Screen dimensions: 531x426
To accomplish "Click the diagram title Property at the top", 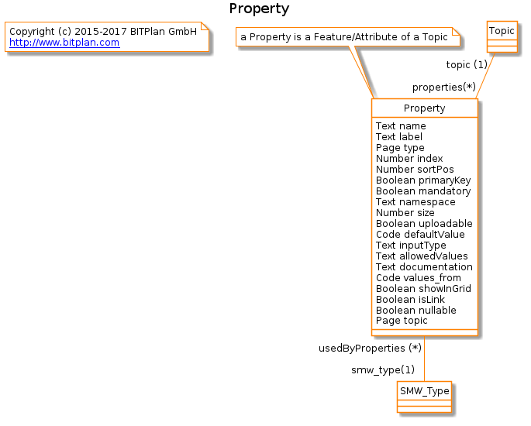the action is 259,9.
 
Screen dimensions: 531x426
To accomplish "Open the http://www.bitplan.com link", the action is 64,43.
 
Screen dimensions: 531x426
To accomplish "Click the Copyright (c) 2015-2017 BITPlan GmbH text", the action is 103,32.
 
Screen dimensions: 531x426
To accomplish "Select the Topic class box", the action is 502,36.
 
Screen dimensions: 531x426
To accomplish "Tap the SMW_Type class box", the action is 424,397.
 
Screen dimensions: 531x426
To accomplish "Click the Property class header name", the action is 424,108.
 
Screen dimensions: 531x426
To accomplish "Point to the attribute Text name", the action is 401,126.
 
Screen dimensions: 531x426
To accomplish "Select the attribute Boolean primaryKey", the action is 423,180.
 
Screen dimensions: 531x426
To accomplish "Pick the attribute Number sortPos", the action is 415,169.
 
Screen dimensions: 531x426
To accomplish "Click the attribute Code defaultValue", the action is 420,234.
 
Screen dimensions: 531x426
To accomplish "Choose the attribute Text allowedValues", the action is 422,256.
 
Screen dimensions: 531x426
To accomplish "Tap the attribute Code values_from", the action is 419,278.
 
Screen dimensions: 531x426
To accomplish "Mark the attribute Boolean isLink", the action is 410,300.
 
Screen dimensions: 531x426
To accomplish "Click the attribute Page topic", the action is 402,321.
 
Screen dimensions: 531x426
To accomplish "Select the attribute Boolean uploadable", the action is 424,223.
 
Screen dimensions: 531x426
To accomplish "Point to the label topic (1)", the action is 467,64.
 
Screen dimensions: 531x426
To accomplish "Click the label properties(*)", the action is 444,88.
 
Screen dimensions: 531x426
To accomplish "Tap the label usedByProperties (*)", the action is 370,349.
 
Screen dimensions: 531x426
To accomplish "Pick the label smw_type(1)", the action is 383,369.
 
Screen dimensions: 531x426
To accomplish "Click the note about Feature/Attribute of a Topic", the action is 348,37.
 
